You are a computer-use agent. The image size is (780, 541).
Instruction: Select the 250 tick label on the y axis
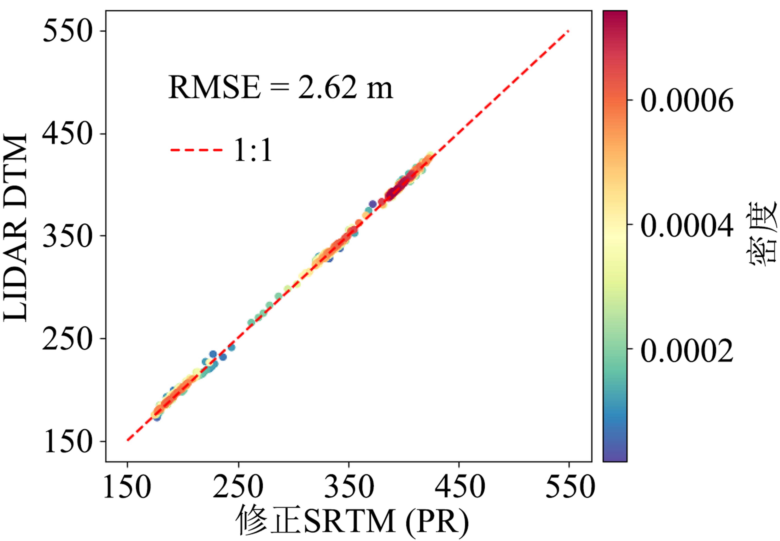(x=68, y=338)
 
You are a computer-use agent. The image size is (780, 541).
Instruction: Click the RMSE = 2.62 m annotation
(x=281, y=88)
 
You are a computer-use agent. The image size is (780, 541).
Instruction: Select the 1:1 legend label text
(x=253, y=150)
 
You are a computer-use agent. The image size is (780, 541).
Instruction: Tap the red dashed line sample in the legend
(x=197, y=150)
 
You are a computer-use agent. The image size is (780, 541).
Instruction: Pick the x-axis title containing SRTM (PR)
(x=353, y=522)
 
